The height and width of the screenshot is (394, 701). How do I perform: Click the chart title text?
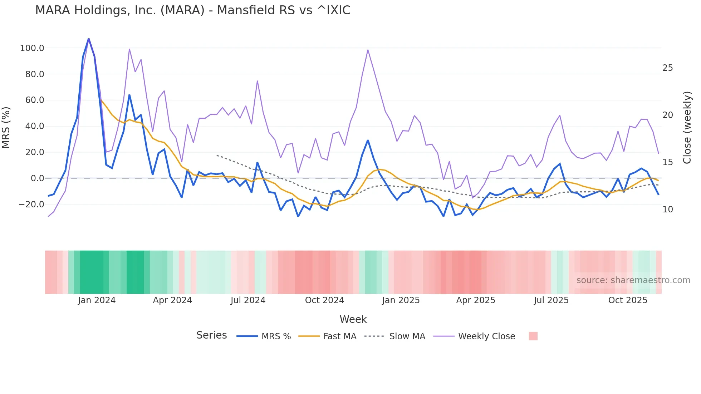tap(193, 10)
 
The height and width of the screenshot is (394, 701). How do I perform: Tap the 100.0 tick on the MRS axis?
tap(32, 48)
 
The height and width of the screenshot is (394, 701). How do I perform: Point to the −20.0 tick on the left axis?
tap(31, 205)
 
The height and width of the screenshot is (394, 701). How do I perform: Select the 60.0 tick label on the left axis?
tap(34, 100)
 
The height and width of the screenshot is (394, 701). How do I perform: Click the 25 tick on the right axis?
tap(667, 68)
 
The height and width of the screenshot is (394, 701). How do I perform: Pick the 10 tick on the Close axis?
tap(667, 210)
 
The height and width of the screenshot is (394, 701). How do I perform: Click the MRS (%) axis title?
tap(6, 127)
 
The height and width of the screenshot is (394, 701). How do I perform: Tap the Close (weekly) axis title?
tap(687, 127)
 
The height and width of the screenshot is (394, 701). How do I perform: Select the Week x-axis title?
tap(353, 319)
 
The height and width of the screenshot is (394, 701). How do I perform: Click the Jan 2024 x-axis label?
tap(97, 300)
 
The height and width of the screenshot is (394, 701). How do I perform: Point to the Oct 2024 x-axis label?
tap(324, 300)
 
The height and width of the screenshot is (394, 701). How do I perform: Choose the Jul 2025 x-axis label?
tap(551, 300)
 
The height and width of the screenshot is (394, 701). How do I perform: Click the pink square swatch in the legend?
tap(533, 336)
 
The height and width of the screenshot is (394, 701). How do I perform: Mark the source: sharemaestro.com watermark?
tap(633, 280)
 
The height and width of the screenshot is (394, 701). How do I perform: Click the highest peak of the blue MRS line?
tap(89, 39)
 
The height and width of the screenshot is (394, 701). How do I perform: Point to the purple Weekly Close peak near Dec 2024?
tap(368, 50)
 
